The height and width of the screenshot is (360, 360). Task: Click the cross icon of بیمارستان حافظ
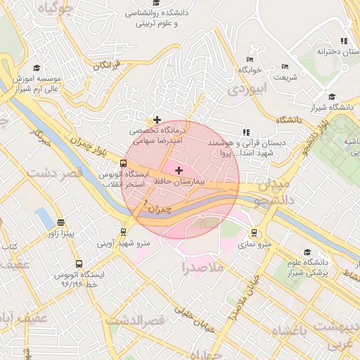(179, 170)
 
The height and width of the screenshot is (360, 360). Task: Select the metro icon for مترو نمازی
(255, 233)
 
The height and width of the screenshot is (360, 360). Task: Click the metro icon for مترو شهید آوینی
(124, 231)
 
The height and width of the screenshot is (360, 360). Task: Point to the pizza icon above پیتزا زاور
(60, 222)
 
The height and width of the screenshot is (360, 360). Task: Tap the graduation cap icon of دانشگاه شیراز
(332, 97)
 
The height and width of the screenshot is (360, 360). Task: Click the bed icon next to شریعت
(285, 67)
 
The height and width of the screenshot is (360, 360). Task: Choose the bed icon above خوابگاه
(250, 60)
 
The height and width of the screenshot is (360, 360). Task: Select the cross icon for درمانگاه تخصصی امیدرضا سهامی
(157, 120)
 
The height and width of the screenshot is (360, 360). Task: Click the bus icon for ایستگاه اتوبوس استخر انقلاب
(124, 163)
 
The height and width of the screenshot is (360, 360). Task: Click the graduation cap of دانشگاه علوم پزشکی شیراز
(307, 252)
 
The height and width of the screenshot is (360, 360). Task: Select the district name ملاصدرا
(202, 267)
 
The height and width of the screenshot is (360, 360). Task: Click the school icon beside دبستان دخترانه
(343, 41)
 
